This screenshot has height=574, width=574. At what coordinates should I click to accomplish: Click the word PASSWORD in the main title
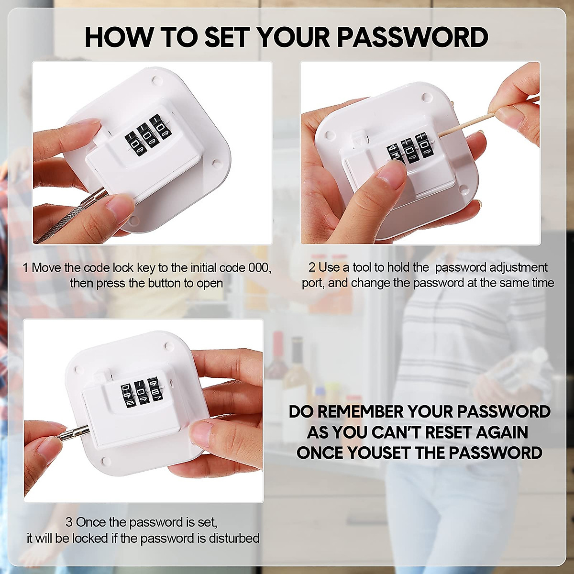coord(413,37)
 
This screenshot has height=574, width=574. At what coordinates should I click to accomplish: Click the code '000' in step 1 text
coord(259,267)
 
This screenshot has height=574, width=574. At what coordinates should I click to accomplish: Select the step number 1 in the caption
coord(26,267)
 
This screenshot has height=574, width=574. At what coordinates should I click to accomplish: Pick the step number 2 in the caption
coord(312,267)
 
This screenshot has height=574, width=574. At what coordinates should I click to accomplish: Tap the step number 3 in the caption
coord(69,522)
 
